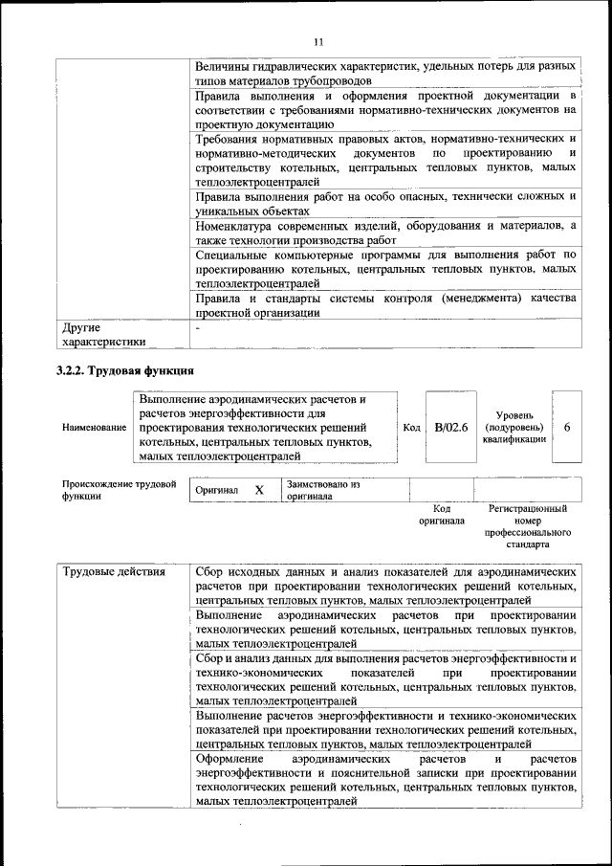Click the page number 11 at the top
pos(317,41)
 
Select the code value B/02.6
pos(450,427)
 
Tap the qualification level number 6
pos(567,427)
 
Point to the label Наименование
pos(94,428)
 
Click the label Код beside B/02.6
pos(412,428)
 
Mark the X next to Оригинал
pos(258,490)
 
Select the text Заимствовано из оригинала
pos(323,490)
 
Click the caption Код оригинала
pos(441,515)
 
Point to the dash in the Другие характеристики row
pos(197,328)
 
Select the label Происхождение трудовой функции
pos(119,490)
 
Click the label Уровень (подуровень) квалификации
pos(514,427)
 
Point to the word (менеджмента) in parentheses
pos(486,299)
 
